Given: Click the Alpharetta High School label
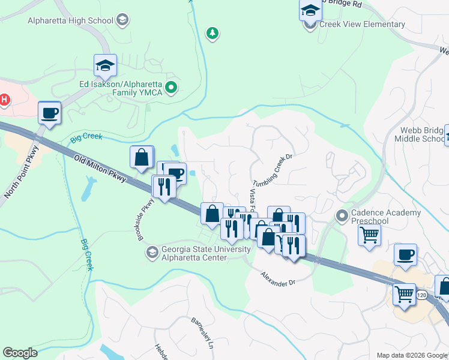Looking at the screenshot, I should click(70, 20).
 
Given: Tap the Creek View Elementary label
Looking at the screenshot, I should click(362, 25).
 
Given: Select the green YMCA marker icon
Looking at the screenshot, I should click(171, 89).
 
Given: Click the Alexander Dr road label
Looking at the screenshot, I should click(279, 278).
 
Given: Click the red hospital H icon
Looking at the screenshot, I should click(5, 99).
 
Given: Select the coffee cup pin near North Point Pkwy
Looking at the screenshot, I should click(49, 113).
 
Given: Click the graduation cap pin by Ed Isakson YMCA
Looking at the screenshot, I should click(105, 65).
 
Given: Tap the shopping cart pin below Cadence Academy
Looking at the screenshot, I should click(369, 235).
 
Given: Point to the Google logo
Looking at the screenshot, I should click(20, 353).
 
